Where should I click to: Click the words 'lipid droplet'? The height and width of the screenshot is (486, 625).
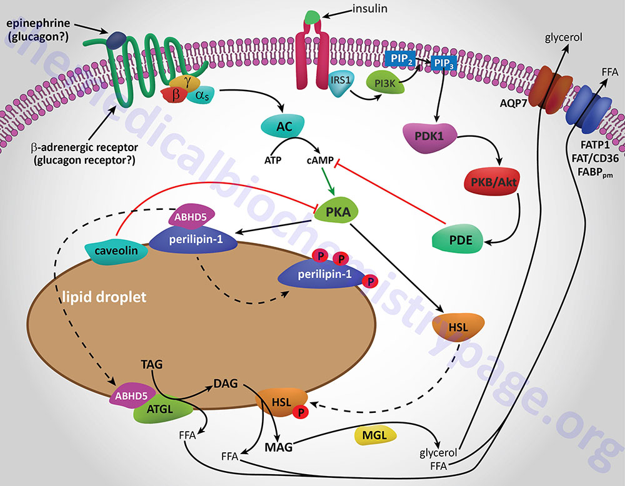tap(104, 296)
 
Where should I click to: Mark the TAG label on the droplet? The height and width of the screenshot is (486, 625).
tap(152, 364)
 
